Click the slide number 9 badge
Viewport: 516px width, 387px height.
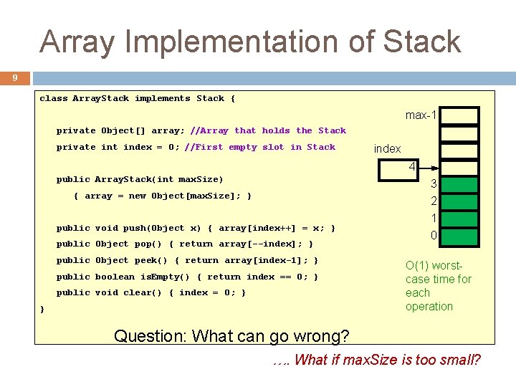15,77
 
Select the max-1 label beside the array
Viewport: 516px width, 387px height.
421,115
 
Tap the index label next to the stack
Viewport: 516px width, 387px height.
387,148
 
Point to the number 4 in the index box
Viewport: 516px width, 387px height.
412,166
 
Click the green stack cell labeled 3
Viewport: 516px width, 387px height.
459,185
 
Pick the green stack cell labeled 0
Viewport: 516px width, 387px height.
459,236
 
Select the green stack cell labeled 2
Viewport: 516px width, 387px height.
459,202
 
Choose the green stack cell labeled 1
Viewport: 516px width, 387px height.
459,219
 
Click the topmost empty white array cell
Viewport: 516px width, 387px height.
459,115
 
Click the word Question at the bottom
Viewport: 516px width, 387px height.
148,335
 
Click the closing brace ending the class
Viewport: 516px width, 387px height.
42,309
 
